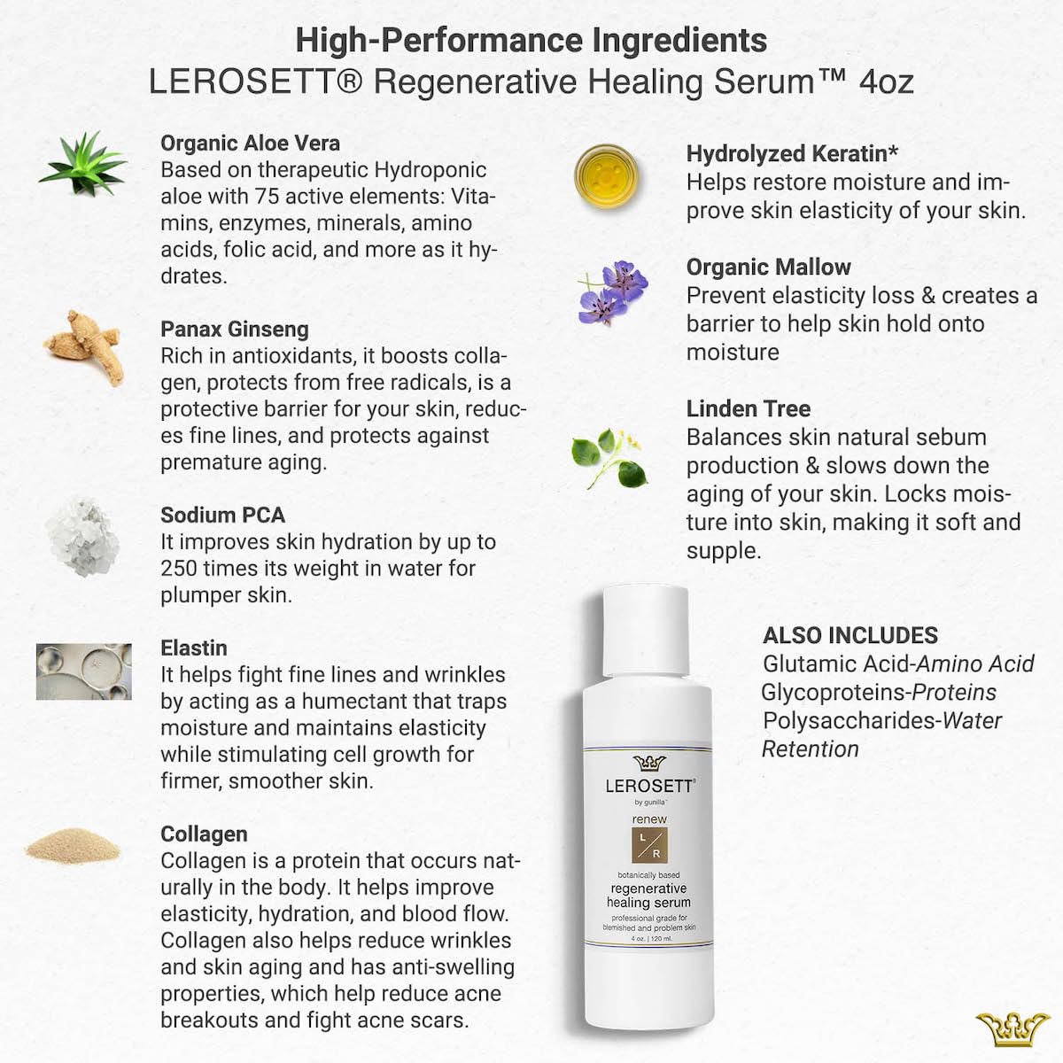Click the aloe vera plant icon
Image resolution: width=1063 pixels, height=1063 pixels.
[x=82, y=164]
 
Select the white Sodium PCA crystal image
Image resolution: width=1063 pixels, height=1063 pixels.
[x=82, y=535]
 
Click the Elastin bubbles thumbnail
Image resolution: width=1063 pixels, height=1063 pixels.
[x=83, y=671]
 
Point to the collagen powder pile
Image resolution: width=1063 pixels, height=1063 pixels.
[x=72, y=846]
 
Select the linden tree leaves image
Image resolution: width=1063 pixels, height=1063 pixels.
[x=609, y=457]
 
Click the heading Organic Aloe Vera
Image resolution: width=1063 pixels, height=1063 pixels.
[x=250, y=144]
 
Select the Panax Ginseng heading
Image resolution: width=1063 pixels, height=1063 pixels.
[x=235, y=330]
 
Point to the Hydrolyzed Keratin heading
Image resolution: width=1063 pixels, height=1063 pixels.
[x=792, y=154]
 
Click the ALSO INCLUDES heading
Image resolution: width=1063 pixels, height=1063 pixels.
[x=850, y=635]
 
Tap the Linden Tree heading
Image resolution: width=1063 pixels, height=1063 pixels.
[x=749, y=409]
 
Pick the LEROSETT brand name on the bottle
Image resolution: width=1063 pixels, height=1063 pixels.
[x=649, y=785]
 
